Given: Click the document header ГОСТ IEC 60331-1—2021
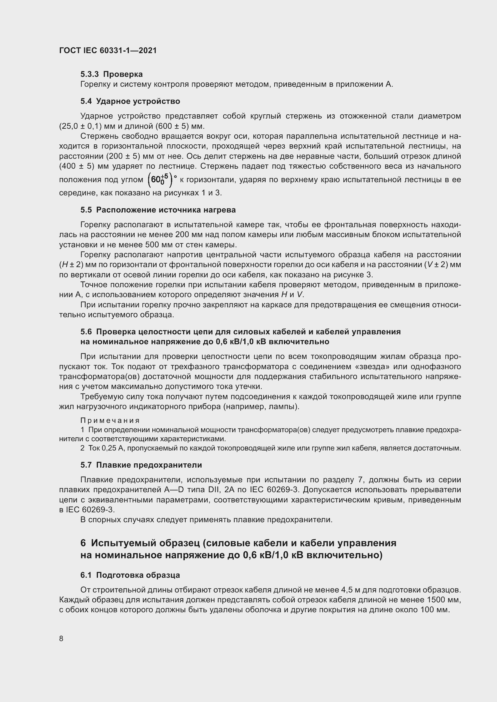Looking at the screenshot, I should coord(108,50).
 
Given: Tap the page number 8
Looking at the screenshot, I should coord(61,638).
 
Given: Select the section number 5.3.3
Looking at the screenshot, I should coord(90,74).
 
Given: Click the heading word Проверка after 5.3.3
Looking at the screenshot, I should coord(123,74).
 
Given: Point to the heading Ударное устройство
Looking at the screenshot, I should coord(138,101).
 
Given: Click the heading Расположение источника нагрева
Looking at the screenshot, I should coord(166,210).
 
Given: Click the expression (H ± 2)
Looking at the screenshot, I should coord(71,265).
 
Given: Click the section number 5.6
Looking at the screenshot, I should coord(86,332).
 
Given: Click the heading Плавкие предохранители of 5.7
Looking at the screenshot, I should coord(149,465).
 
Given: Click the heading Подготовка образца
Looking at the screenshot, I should coord(138,575).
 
